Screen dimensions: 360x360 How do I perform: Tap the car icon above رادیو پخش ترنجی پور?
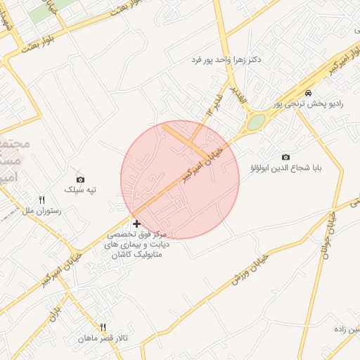coord(308,94)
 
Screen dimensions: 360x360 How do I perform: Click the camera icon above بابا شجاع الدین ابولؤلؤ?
coord(285,157)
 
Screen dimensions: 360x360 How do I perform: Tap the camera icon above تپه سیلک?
coord(79,179)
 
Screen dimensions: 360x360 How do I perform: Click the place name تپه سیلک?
coord(79,190)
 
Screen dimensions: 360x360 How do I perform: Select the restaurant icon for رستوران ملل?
coord(42,200)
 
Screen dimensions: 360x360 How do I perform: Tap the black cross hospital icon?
coord(136,224)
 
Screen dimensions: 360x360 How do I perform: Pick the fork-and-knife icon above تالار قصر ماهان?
coord(103,327)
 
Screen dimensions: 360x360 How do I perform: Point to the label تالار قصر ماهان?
coord(103,338)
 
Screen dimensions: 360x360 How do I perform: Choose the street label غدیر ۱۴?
coord(214,104)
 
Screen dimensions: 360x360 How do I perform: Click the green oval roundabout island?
coord(256,122)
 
